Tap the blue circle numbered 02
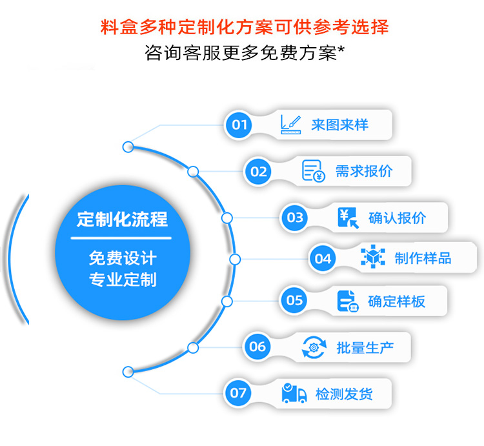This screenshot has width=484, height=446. pyautogui.click(x=259, y=171)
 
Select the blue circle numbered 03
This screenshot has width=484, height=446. pyautogui.click(x=295, y=218)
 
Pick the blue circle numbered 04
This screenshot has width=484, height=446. pyautogui.click(x=323, y=259)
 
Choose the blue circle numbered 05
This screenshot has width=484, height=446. pyautogui.click(x=294, y=300)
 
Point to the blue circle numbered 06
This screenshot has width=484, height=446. pyautogui.click(x=257, y=347)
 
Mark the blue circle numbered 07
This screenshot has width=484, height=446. pyautogui.click(x=239, y=392)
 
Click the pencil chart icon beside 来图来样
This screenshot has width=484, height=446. pyautogui.click(x=290, y=124)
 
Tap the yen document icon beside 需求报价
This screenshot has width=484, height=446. pyautogui.click(x=314, y=171)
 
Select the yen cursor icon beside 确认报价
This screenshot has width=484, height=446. pyautogui.click(x=348, y=218)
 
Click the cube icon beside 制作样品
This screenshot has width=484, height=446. pyautogui.click(x=372, y=258)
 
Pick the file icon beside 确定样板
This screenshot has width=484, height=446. pyautogui.click(x=347, y=301)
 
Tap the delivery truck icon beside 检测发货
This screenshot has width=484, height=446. pyautogui.click(x=294, y=393)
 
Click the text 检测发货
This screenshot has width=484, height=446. pyautogui.click(x=344, y=394)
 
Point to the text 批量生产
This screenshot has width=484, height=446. pyautogui.click(x=365, y=347)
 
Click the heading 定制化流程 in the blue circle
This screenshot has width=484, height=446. pyautogui.click(x=122, y=219)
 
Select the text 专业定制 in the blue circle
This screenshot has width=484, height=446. pyautogui.click(x=123, y=280)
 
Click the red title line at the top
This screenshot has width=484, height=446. pyautogui.click(x=245, y=28)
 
